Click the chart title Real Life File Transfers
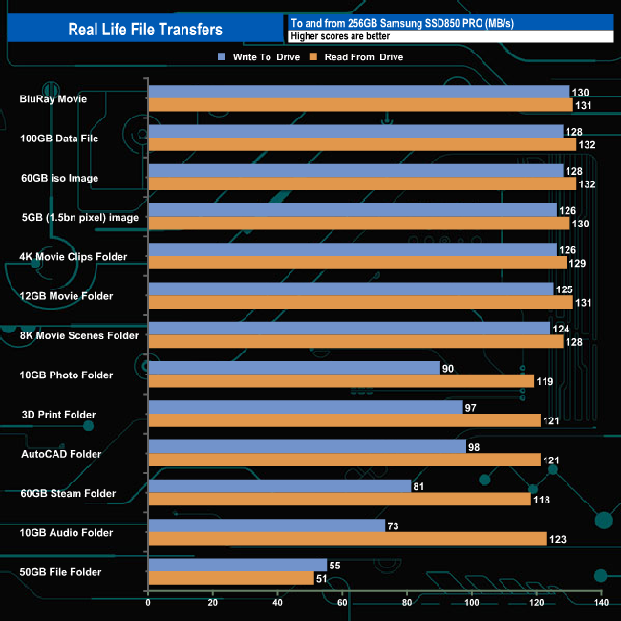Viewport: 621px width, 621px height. [x=145, y=30]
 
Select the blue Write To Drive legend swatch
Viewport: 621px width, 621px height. [x=222, y=57]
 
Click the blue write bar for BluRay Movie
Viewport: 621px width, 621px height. [x=358, y=92]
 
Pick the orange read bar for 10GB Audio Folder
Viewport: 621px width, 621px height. [x=348, y=539]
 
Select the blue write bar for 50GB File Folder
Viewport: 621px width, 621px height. [x=238, y=565]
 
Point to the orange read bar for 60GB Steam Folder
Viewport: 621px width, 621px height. [x=339, y=500]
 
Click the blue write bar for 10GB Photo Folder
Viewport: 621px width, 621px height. [x=294, y=368]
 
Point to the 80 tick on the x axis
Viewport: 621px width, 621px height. [x=407, y=602]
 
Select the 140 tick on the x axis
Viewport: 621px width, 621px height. [x=601, y=602]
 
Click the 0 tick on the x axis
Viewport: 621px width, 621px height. [x=148, y=602]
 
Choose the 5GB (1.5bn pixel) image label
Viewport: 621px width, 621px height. [x=79, y=217]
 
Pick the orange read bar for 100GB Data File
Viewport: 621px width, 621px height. [x=362, y=144]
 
